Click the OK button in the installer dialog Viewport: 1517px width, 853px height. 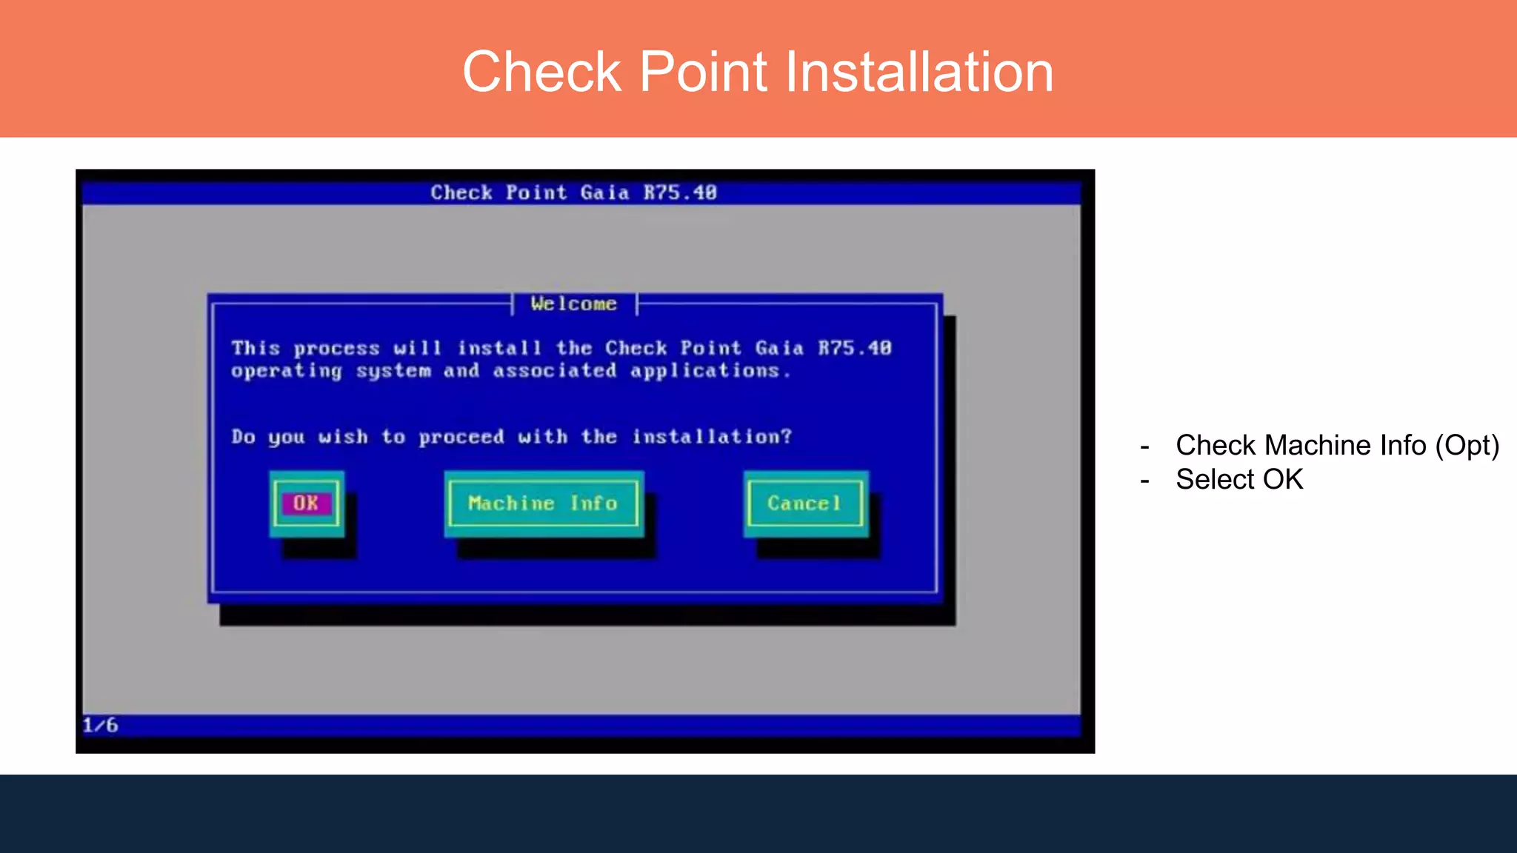tap(306, 504)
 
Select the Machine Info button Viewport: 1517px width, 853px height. tap(543, 504)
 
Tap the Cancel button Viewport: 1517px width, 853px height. tap(804, 504)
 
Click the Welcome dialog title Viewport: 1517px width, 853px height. tap(574, 304)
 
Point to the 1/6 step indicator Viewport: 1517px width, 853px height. tap(100, 725)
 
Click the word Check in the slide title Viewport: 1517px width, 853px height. tap(541, 72)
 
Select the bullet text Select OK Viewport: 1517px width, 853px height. tap(1239, 480)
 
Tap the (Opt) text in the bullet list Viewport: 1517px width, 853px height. tap(1467, 446)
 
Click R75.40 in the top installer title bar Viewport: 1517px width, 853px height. tap(680, 193)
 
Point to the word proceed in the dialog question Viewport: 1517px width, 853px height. tap(461, 437)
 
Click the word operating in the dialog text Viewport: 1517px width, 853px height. tap(287, 371)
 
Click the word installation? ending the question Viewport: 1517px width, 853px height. tap(712, 437)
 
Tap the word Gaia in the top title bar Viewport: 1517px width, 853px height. tap(604, 193)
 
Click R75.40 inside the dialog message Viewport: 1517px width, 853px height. tap(855, 348)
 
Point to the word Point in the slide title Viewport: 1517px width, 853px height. tap(703, 72)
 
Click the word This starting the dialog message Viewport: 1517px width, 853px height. tap(256, 348)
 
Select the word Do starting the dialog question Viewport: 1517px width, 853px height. tap(243, 437)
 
